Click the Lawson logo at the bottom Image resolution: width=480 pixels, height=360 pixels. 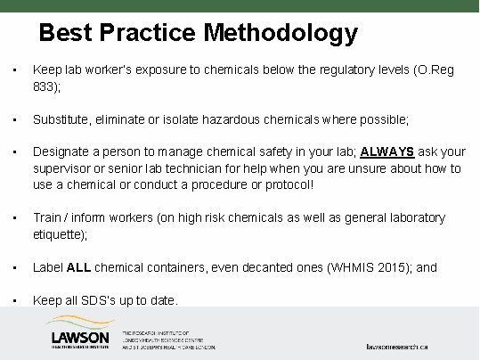point(80,339)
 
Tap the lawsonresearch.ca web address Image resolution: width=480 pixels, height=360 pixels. point(406,344)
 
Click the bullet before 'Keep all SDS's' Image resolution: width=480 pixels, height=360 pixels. point(10,301)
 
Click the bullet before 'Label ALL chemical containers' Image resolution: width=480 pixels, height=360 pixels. point(10,267)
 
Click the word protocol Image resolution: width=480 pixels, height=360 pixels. point(290,184)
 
